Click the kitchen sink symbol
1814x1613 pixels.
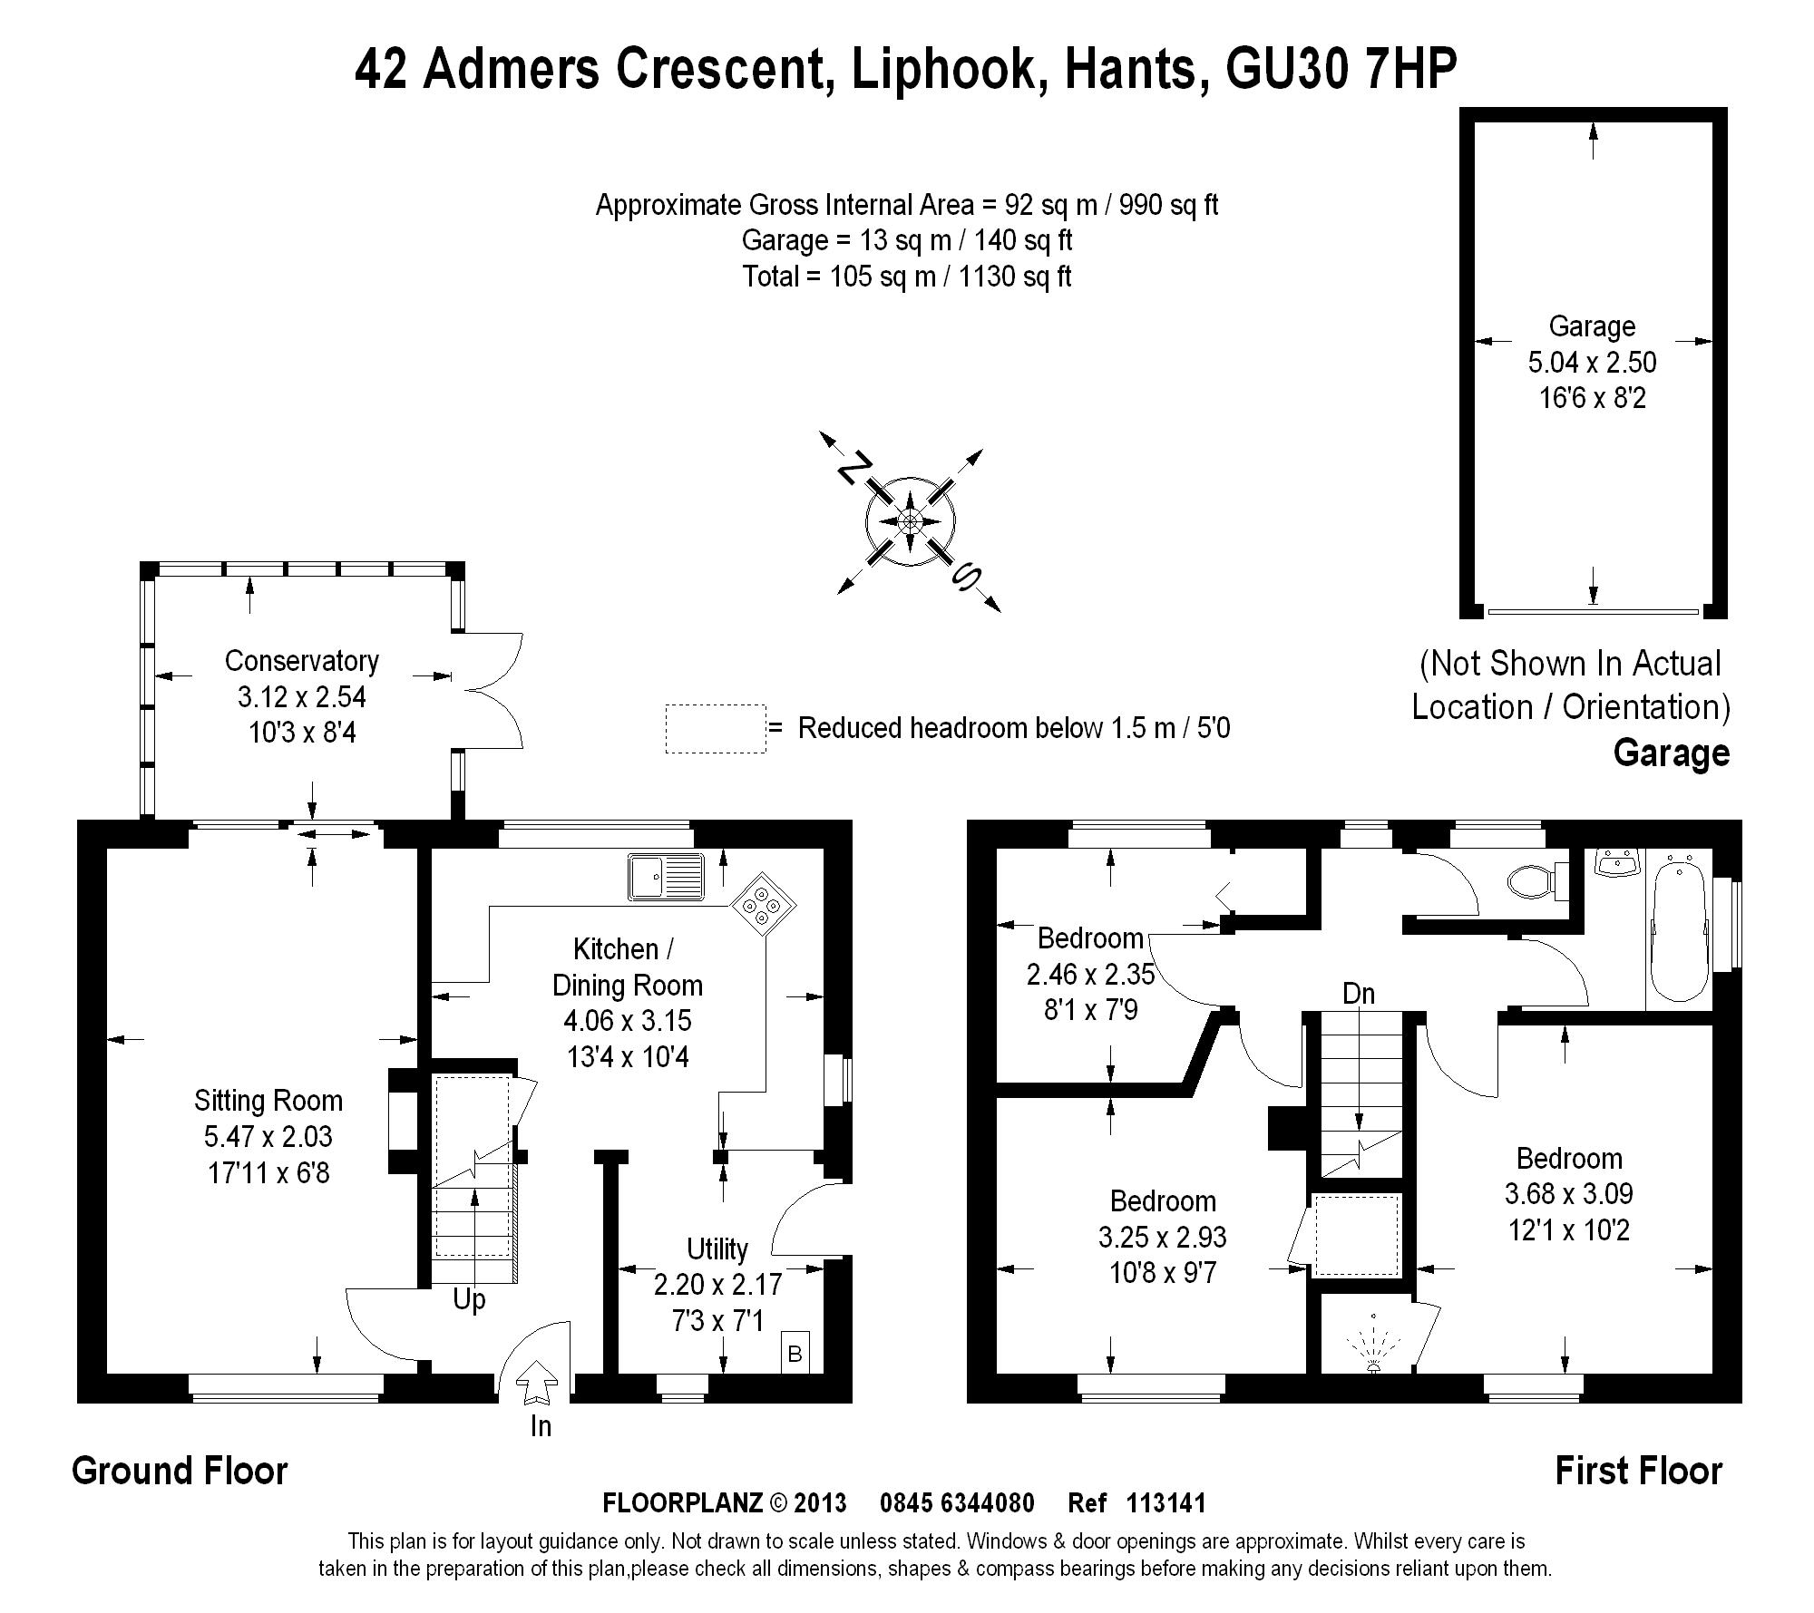pos(666,876)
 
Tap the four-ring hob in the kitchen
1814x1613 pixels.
pos(764,905)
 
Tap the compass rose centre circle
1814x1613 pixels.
pos(910,521)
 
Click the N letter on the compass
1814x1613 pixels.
pos(850,469)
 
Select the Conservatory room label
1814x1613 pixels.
pos(301,661)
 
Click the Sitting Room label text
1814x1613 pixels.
pos(268,1101)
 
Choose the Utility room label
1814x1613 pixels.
pos(717,1249)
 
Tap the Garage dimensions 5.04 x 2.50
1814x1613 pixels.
pos(1592,363)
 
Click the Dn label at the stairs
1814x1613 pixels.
pos(1359,994)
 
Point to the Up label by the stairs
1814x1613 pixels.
pos(469,1299)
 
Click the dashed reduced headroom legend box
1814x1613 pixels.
pos(715,728)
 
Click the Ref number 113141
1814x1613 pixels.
pos(1165,1503)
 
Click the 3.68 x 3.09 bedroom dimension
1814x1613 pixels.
pos(1568,1194)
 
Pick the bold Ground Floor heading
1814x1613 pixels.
pos(180,1471)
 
